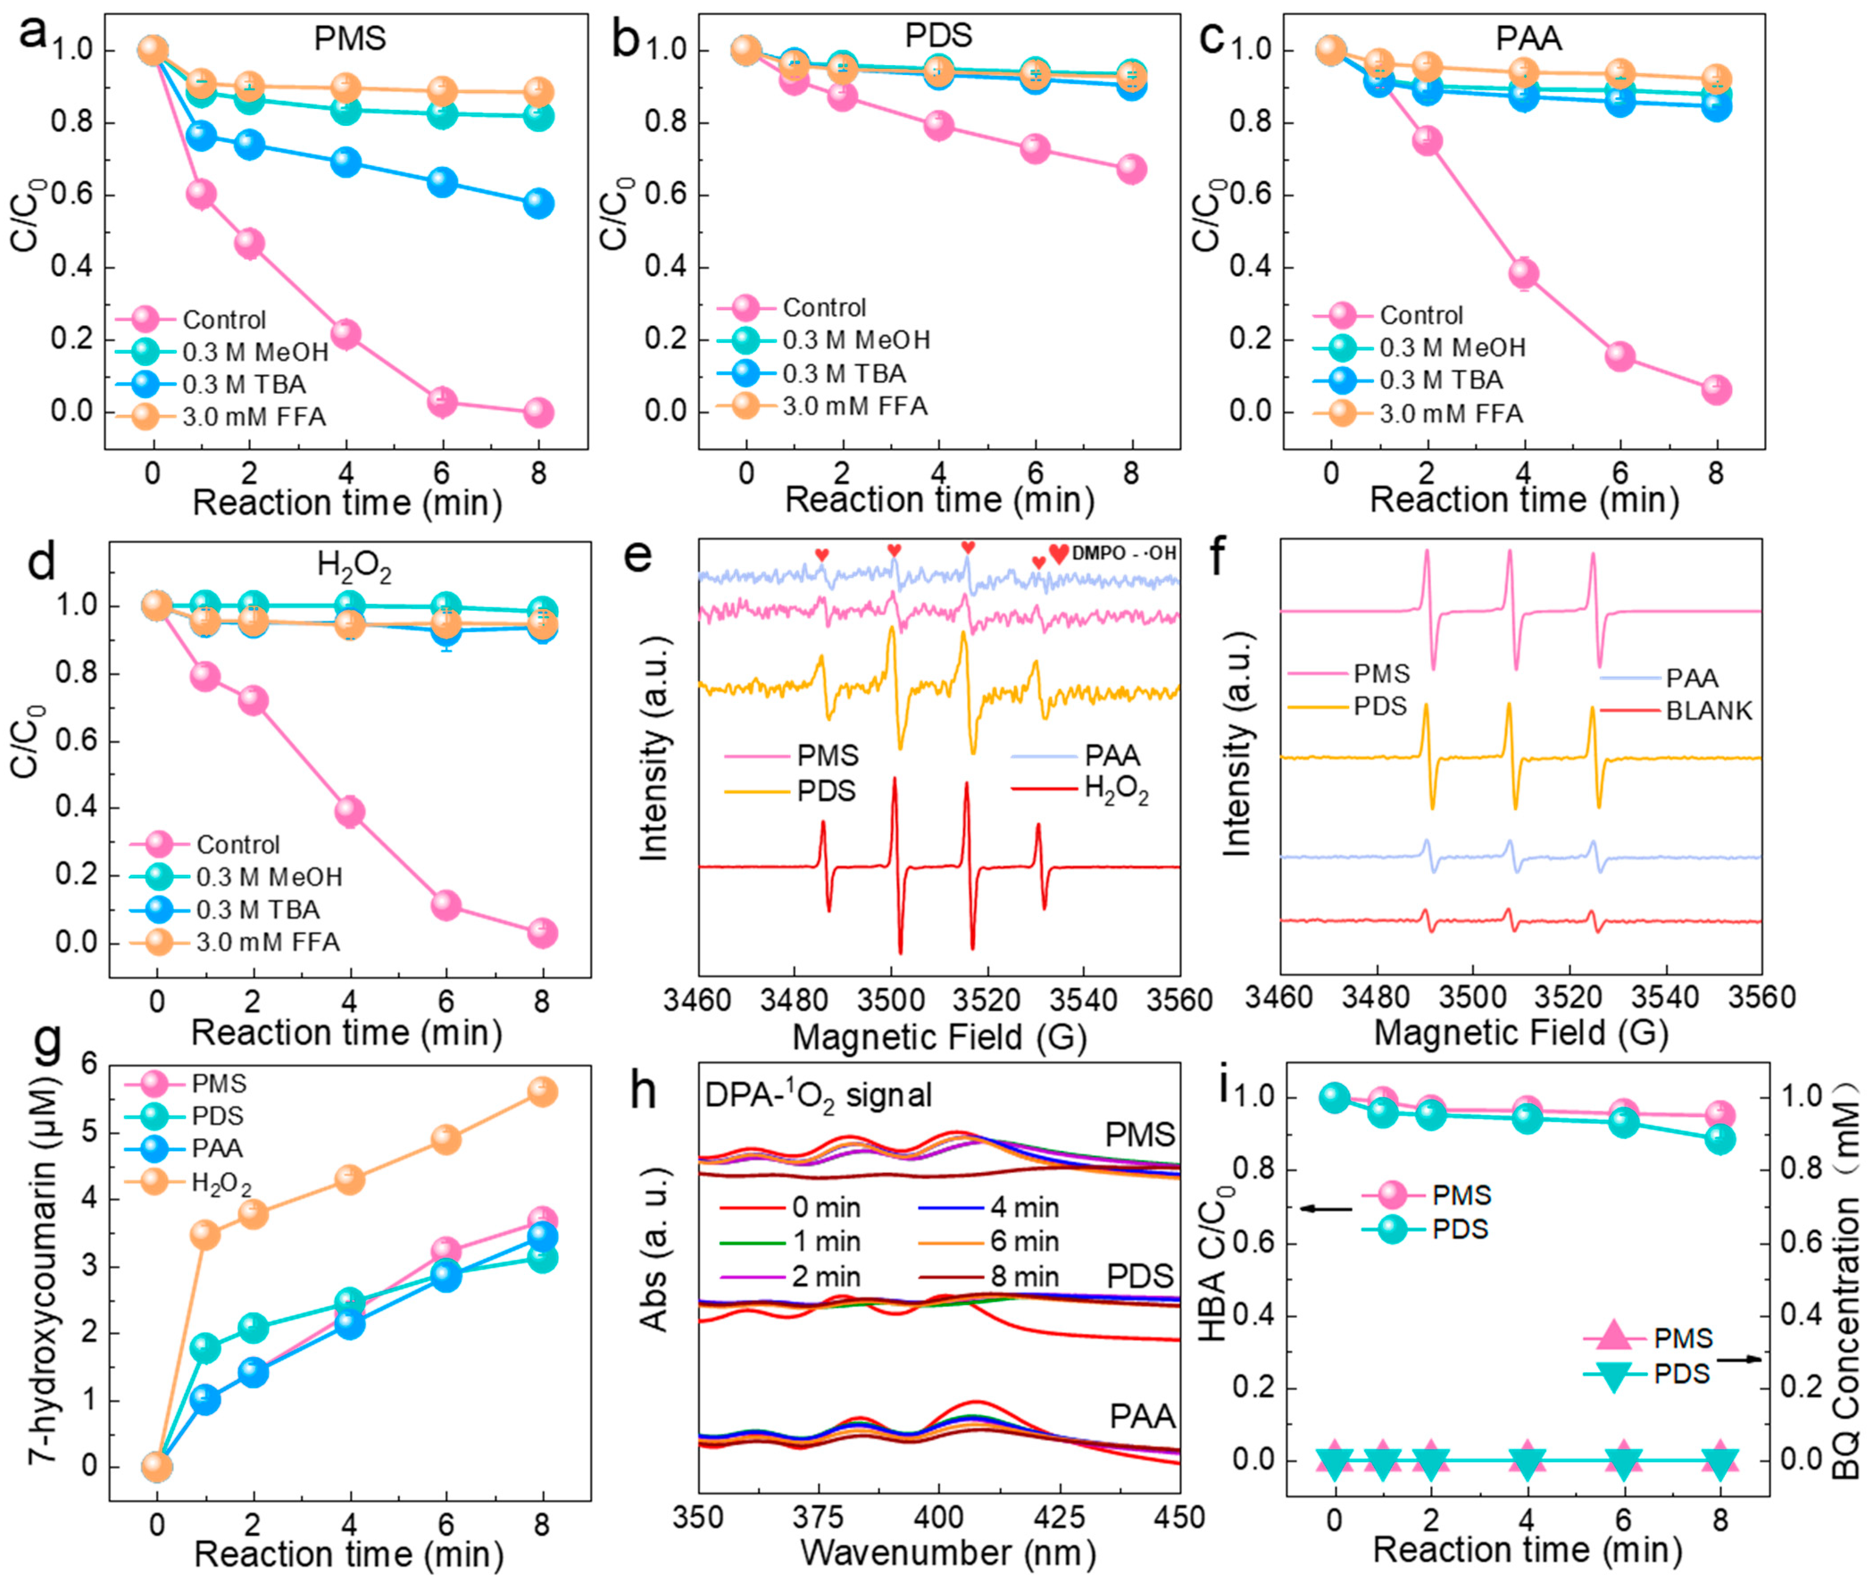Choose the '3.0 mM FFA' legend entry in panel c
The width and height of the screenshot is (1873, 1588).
tap(1450, 414)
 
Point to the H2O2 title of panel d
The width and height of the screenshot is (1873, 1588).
tap(354, 567)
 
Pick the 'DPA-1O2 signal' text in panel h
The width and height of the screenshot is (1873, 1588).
tap(817, 1096)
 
